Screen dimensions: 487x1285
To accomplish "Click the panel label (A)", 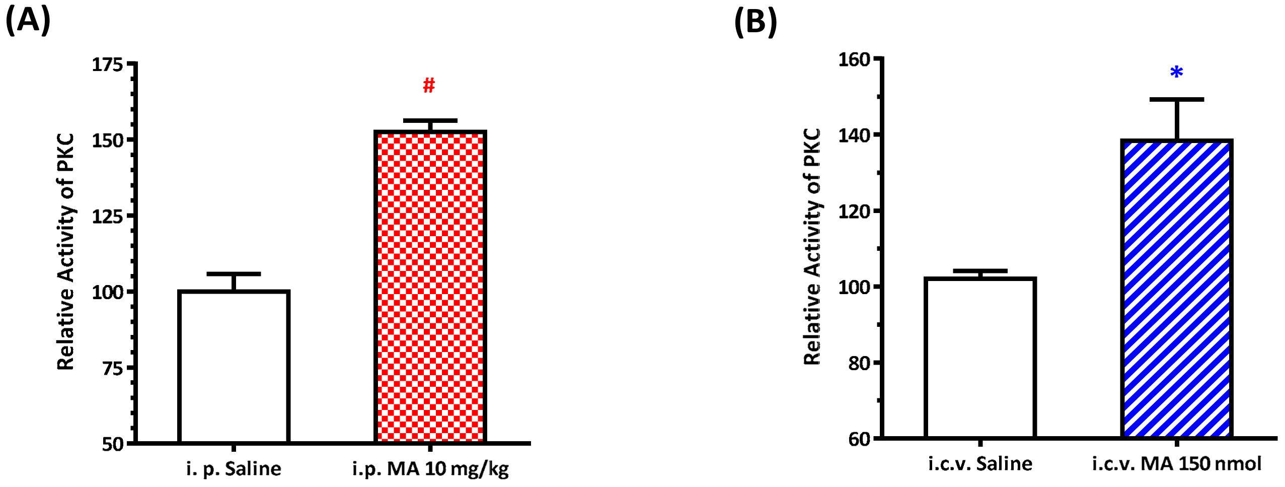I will click(28, 22).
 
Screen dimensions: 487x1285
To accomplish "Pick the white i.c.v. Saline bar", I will click(980, 357).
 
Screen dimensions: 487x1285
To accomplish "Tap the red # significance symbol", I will click(429, 86).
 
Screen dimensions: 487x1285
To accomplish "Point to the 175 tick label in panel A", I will click(107, 64).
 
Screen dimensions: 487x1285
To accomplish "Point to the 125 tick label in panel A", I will click(107, 217).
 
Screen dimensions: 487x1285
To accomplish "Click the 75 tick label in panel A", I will click(113, 369).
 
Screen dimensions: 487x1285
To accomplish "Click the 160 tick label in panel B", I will click(854, 59).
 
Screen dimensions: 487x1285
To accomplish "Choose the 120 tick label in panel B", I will click(854, 212).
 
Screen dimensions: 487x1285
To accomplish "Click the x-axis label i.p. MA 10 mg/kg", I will click(430, 469).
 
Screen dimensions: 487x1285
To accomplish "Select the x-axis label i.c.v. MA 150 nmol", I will click(1176, 463).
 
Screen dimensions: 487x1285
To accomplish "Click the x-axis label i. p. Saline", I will click(234, 469).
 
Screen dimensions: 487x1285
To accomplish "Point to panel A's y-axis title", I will click(65, 252).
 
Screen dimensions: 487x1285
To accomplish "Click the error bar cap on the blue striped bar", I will click(1176, 100).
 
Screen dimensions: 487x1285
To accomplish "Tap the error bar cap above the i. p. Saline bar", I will click(234, 274).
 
